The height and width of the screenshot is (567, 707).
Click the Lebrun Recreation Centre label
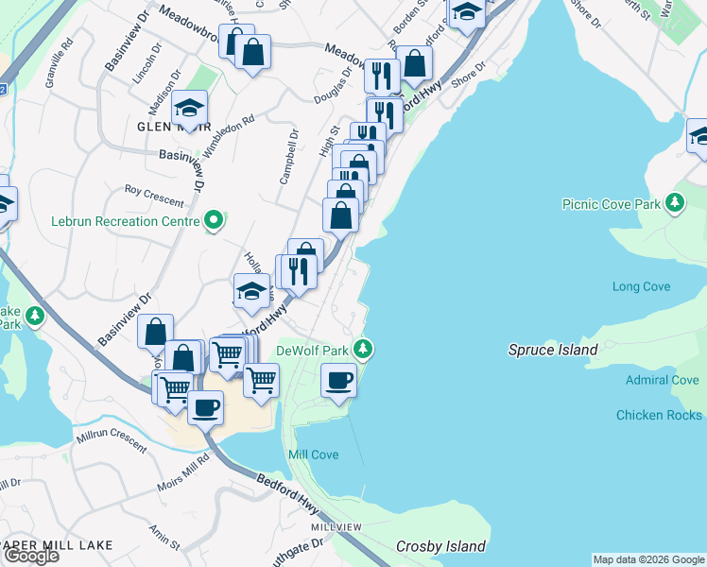point(125,221)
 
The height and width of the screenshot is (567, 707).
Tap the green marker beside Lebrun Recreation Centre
point(214,221)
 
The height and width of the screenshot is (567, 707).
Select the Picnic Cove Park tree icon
point(674,203)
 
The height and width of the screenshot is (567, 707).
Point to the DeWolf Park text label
point(313,351)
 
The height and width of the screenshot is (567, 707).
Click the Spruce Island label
point(553,350)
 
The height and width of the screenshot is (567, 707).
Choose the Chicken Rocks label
point(659,415)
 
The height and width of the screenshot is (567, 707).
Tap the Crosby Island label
point(440,546)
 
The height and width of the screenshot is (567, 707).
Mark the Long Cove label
point(641,286)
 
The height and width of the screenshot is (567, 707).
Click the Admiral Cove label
point(662,380)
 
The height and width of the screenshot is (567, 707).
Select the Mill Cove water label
point(313,455)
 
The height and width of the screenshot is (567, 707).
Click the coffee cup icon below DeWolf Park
point(338,381)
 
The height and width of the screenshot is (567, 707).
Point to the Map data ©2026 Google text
point(647,559)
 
